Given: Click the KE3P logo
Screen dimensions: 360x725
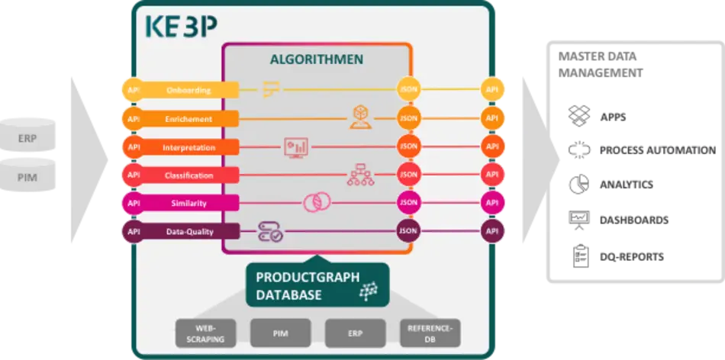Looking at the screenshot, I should click(x=181, y=27).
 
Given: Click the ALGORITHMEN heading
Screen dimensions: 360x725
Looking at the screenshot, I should click(x=317, y=59).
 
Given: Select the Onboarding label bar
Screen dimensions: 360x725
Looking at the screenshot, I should click(x=188, y=90).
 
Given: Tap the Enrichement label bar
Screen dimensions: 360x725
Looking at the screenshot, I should click(x=188, y=119).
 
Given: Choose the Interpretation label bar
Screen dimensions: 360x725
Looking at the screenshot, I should click(x=188, y=147).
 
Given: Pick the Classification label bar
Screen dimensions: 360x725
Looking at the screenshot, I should click(x=188, y=175).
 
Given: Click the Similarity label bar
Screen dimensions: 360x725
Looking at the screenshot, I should click(x=188, y=204).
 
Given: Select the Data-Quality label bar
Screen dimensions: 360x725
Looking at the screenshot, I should click(x=188, y=231).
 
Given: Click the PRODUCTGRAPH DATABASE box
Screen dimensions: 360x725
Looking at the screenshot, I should click(x=317, y=285).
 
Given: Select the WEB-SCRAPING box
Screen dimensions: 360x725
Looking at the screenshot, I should click(x=205, y=333).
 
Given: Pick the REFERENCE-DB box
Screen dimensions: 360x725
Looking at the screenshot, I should click(x=430, y=333).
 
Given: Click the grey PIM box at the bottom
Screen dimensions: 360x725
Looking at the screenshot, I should click(x=280, y=333).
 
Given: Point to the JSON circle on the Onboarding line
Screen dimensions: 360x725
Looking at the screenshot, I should click(x=408, y=90).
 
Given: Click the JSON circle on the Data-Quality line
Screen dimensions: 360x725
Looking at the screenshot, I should click(x=408, y=231).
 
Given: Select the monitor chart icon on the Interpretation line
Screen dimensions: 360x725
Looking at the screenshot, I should click(x=295, y=146).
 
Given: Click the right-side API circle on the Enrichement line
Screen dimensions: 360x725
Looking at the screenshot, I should click(x=492, y=119).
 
